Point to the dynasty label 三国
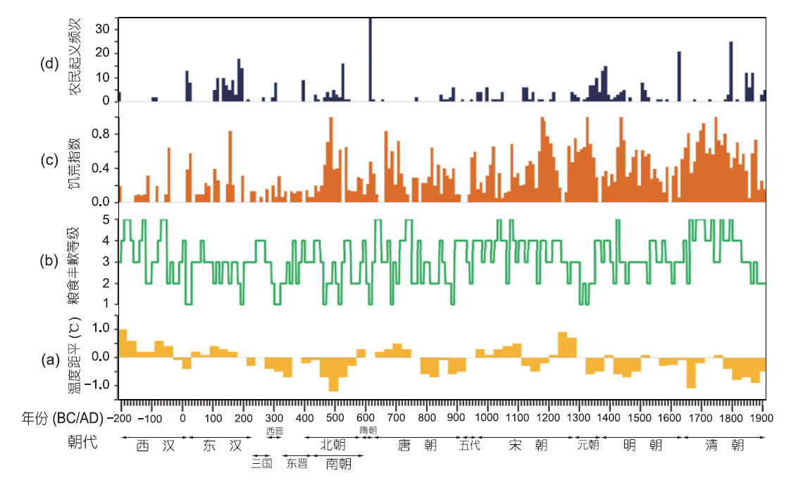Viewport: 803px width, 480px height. [262, 463]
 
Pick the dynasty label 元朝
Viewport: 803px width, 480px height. [588, 445]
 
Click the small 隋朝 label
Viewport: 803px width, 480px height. [368, 430]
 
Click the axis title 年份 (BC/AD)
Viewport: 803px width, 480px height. [57, 418]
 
